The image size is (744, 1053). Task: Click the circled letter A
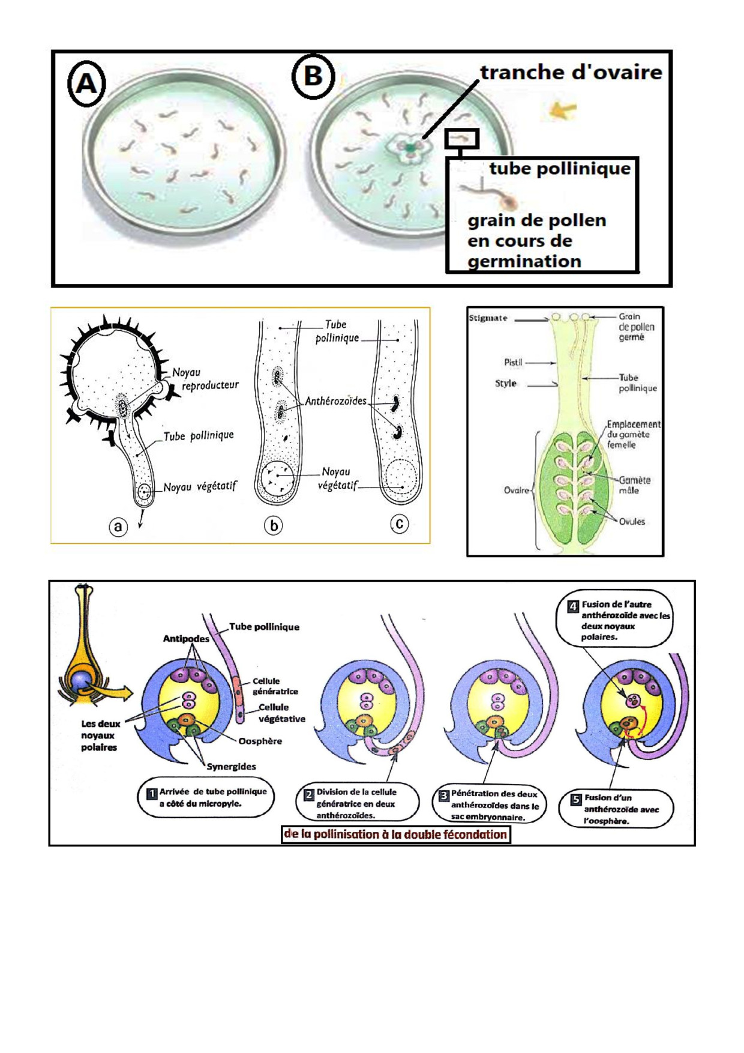[86, 85]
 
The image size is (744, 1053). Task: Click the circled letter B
[313, 77]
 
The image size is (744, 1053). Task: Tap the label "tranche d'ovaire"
[571, 73]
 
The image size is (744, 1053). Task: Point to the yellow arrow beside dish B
[563, 110]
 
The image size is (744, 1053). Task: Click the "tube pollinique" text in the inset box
[560, 169]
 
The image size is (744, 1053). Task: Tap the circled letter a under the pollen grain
[118, 526]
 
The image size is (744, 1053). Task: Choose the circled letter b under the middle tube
[274, 526]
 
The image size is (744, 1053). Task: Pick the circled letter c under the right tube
[400, 524]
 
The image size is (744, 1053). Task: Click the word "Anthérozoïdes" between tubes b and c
[335, 401]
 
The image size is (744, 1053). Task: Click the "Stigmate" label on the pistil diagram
[488, 318]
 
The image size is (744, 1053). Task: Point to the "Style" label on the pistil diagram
[505, 383]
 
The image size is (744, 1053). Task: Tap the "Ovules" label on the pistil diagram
[632, 522]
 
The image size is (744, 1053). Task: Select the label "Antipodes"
[186, 639]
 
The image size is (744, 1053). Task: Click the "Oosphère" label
[260, 741]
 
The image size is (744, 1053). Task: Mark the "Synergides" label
[231, 767]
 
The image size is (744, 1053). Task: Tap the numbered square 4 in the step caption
[573, 606]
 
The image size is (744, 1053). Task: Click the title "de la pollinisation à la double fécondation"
[396, 834]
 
